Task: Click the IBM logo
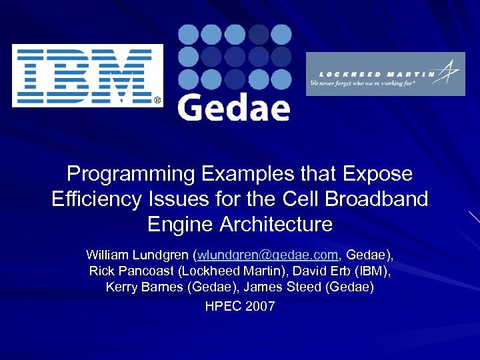87,75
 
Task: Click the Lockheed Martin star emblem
450,71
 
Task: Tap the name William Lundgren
137,255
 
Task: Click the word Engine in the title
176,223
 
